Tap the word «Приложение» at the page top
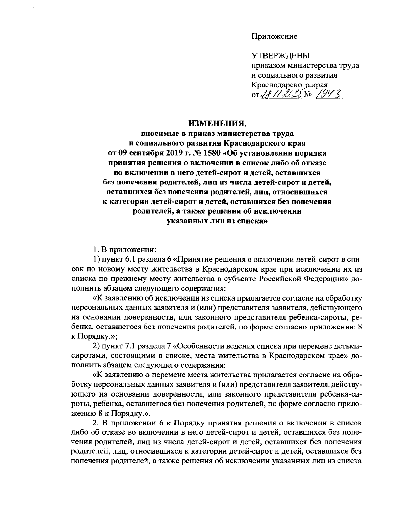(275, 36)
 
